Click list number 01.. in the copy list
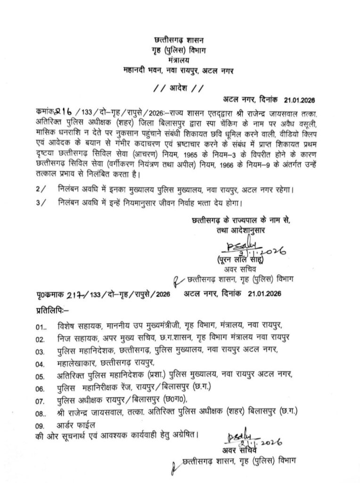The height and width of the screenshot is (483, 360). (x=41, y=327)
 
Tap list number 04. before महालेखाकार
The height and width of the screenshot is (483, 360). (x=40, y=364)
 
